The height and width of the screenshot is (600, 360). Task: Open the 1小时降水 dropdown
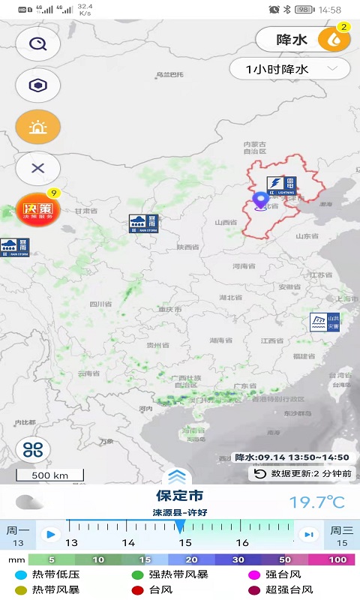(289, 69)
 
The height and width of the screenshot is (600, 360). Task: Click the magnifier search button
(37, 43)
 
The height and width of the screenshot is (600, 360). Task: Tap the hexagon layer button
(37, 85)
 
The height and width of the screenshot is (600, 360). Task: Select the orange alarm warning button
(37, 127)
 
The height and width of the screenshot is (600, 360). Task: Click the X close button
(37, 168)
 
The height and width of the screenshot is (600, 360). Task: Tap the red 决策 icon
(37, 211)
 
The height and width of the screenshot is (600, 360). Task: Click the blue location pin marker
(261, 199)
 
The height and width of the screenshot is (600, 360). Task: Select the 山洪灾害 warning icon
(325, 322)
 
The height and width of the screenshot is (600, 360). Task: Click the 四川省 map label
(100, 304)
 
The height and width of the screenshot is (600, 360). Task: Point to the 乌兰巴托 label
(169, 74)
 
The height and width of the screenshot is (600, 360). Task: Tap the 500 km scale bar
(50, 475)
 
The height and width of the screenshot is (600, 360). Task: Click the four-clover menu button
(33, 449)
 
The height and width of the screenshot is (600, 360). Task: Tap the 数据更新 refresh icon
(260, 473)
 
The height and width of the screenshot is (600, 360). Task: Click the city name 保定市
(179, 496)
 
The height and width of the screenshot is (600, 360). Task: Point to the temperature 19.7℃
(317, 501)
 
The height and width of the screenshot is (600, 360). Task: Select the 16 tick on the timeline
(242, 542)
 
